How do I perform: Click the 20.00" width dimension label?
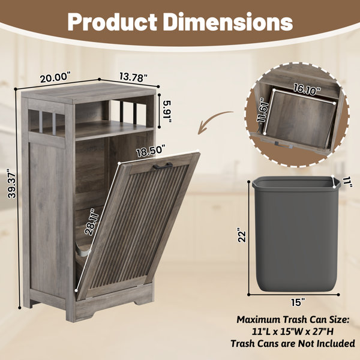(56, 77)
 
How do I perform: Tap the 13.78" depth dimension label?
(133, 77)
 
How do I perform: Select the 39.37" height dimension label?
(12, 183)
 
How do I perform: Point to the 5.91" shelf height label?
(167, 112)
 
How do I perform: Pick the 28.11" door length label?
(92, 222)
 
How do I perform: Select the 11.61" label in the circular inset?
(262, 110)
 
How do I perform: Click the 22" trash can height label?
(242, 235)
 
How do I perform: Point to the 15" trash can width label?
(297, 302)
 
